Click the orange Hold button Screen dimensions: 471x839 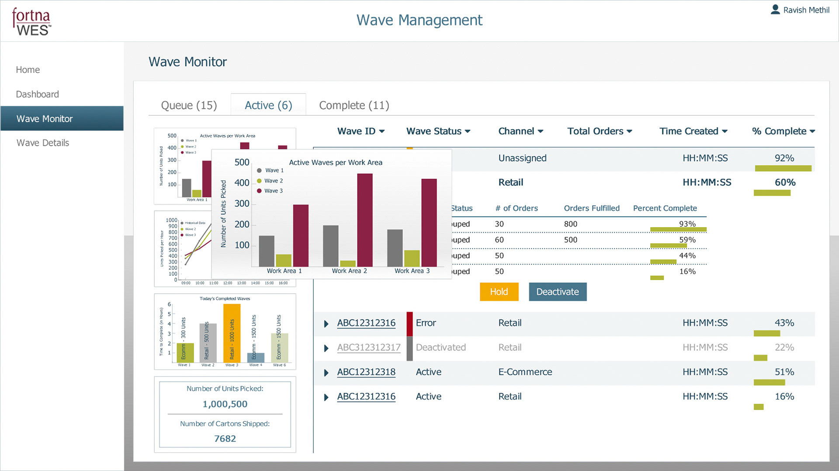click(499, 292)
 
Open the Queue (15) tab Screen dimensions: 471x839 click(189, 105)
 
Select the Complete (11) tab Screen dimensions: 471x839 click(354, 105)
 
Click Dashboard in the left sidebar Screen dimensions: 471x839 click(37, 94)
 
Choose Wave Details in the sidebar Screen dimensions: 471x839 click(43, 143)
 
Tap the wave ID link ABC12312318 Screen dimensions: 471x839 click(366, 372)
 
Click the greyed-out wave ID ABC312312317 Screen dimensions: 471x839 click(369, 347)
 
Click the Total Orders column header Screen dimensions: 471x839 click(600, 131)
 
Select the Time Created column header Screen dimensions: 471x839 click(693, 131)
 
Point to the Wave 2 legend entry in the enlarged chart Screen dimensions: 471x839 click(273, 181)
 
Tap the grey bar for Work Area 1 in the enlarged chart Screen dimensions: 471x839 click(267, 251)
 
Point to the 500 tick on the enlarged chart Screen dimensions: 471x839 click(242, 162)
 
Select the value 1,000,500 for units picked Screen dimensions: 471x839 click(225, 404)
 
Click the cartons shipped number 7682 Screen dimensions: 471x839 click(225, 438)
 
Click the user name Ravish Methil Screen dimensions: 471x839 click(806, 10)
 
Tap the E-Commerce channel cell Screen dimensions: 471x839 click(525, 372)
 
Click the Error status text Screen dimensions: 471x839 click(426, 323)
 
